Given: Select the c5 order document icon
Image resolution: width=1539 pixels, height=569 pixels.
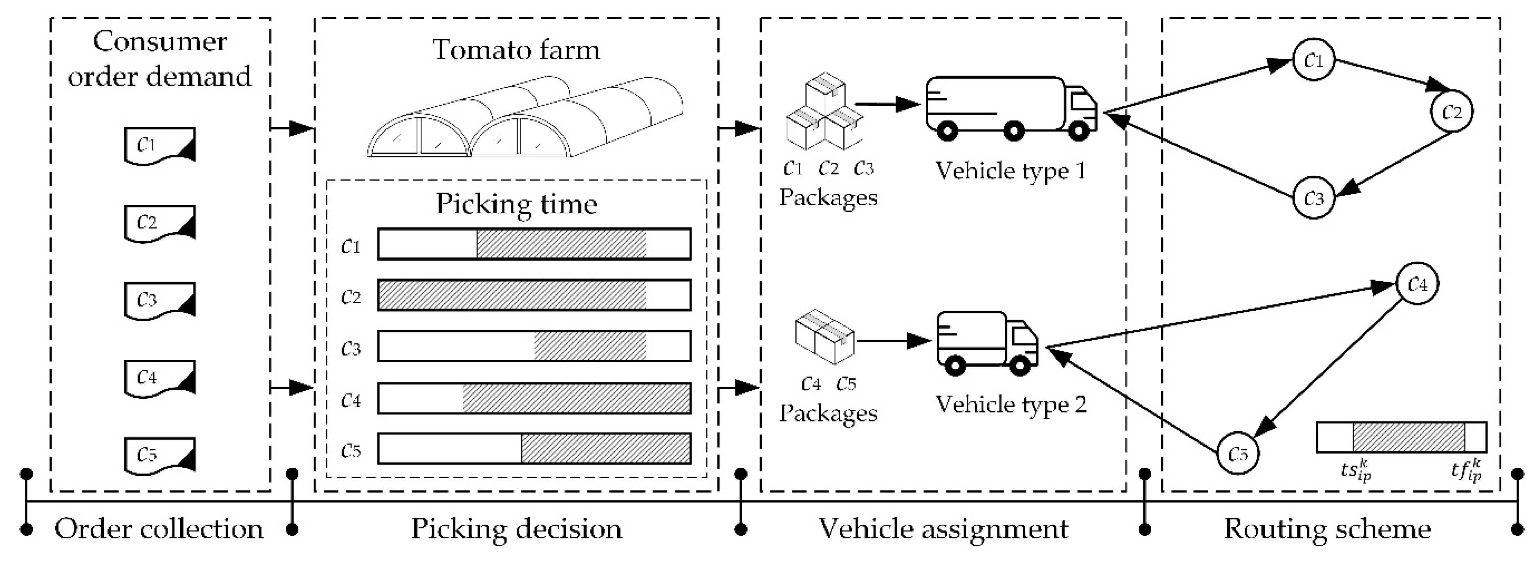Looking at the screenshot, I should [x=159, y=455].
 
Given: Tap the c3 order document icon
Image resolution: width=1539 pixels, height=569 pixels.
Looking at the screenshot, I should [x=159, y=300].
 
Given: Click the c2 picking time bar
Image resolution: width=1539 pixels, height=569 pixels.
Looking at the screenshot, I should [x=534, y=295].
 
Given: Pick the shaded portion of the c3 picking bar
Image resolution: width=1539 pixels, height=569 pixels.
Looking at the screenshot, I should [x=590, y=346].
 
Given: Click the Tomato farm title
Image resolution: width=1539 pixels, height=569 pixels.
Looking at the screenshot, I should [x=516, y=49].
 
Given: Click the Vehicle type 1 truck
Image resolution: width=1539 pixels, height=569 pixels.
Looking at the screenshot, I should [x=1011, y=109].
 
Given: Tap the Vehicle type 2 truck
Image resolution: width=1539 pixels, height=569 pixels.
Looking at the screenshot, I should [x=987, y=343].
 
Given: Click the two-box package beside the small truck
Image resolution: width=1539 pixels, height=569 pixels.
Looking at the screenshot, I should [x=824, y=336].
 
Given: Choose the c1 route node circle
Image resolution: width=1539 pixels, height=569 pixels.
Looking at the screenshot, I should [x=1313, y=60].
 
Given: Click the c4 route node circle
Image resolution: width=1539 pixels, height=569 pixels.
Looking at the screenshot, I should [x=1417, y=284].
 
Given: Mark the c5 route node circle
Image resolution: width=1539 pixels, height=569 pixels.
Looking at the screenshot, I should [x=1238, y=454].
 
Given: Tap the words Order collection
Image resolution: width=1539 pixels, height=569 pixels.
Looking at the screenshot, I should [x=159, y=529].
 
